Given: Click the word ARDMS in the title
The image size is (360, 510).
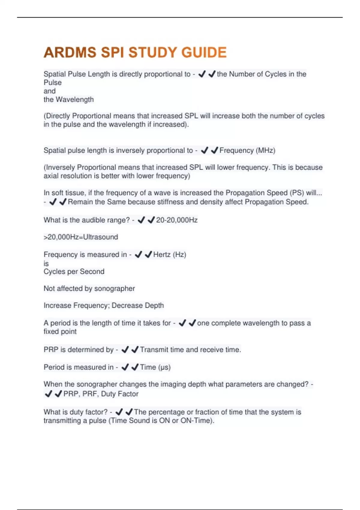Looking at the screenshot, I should pyautogui.click(x=70, y=52).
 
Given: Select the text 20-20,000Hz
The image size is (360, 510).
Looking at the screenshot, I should pyautogui.click(x=177, y=220).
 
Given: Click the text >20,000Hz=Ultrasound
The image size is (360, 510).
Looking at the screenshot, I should pyautogui.click(x=81, y=237).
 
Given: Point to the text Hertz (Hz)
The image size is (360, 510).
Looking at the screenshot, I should pyautogui.click(x=169, y=255).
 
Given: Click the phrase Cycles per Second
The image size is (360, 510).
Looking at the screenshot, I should pyautogui.click(x=74, y=271).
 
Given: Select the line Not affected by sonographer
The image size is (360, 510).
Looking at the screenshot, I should pyautogui.click(x=89, y=289).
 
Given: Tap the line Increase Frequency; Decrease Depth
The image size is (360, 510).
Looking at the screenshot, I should pyautogui.click(x=103, y=305).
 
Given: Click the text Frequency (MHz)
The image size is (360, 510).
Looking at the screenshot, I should pyautogui.click(x=247, y=150).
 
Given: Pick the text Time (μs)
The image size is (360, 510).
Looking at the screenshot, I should pyautogui.click(x=155, y=367).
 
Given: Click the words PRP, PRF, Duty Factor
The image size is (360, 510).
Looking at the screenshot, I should pyautogui.click(x=101, y=394).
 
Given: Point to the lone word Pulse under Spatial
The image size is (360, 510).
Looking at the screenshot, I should pyautogui.click(x=52, y=82).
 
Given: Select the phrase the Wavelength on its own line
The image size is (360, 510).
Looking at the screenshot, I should pyautogui.click(x=68, y=100).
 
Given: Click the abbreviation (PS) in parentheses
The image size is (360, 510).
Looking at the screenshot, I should pyautogui.click(x=297, y=193).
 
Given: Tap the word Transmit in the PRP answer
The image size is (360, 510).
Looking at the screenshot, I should pyautogui.click(x=154, y=350).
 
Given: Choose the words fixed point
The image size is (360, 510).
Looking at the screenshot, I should pyautogui.click(x=60, y=331).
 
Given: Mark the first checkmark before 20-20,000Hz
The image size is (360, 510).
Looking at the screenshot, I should pyautogui.click(x=141, y=220).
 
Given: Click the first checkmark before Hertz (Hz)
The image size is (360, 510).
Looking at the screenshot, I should pyautogui.click(x=138, y=255).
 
